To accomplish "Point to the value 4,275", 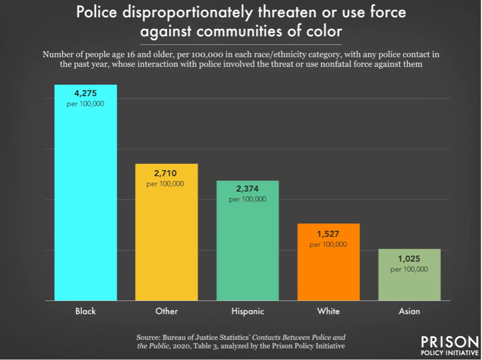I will [85, 94].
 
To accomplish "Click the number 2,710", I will [165, 173].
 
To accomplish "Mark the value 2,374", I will [247, 189].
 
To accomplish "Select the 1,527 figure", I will [328, 234].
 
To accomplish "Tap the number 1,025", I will [409, 259].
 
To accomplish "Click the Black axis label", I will [85, 311].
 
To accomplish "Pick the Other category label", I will [166, 311].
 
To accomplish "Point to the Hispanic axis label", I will [248, 311].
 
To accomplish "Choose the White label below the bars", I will [328, 311].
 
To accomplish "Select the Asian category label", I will [409, 311].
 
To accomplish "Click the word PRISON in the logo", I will [450, 342].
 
